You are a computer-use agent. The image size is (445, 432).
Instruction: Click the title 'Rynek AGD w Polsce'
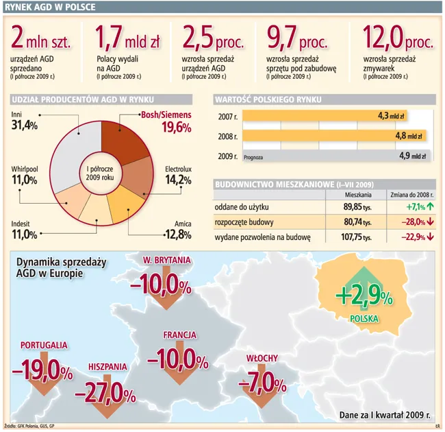[x=50, y=8]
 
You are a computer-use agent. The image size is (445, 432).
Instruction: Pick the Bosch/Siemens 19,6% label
[x=166, y=122]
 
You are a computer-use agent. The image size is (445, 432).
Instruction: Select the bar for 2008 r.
[x=335, y=136]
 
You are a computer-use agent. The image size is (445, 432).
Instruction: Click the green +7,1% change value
[x=416, y=206]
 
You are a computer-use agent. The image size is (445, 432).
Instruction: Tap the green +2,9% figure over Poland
[x=364, y=296]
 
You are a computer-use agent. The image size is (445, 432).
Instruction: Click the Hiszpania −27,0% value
[x=106, y=392]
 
